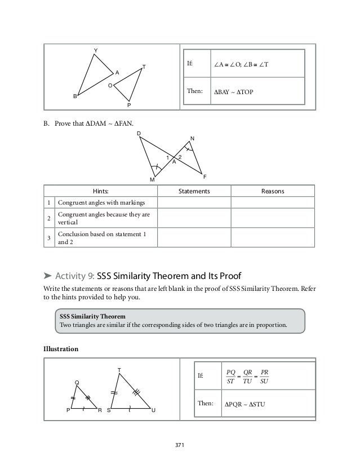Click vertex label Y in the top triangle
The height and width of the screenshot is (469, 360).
pyautogui.click(x=96, y=51)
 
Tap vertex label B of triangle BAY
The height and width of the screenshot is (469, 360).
pyautogui.click(x=75, y=96)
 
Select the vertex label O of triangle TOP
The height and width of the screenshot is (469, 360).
pyautogui.click(x=110, y=85)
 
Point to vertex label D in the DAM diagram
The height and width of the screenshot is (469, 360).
pyautogui.click(x=139, y=134)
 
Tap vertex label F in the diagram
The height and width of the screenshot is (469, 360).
pyautogui.click(x=205, y=176)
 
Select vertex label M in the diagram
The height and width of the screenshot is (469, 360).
pyautogui.click(x=152, y=179)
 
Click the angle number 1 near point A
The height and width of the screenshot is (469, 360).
pyautogui.click(x=167, y=157)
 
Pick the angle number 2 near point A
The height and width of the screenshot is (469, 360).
pyautogui.click(x=179, y=156)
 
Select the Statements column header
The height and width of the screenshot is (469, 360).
pyautogui.click(x=194, y=192)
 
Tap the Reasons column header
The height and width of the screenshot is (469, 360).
pyautogui.click(x=273, y=192)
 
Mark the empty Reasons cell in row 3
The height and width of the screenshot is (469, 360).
pyautogui.click(x=273, y=239)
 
